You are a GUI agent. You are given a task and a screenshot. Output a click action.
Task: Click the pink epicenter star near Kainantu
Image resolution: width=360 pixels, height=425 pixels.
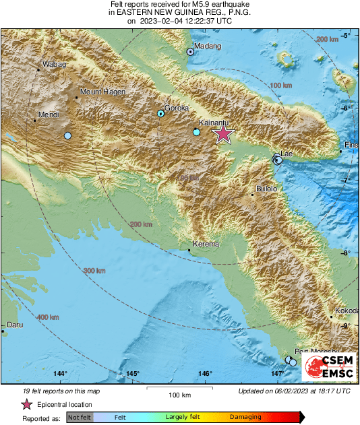tap(222, 135)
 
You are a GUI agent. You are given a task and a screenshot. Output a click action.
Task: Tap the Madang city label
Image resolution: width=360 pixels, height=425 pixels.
tap(208, 46)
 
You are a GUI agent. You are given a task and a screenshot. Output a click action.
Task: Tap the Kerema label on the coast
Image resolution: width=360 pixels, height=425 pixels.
tap(206, 244)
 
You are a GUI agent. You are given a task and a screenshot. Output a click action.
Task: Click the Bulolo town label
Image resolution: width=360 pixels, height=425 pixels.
tap(266, 189)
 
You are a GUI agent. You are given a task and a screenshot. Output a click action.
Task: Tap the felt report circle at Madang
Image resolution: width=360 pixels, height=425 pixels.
tap(190, 51)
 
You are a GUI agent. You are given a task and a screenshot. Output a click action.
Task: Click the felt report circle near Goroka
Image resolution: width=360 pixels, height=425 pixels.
tap(160, 114)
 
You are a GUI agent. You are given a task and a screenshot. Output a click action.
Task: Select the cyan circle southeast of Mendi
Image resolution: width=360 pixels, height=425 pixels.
tap(67, 136)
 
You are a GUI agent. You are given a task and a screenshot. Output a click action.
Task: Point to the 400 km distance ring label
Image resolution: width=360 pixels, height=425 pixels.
tap(47, 317)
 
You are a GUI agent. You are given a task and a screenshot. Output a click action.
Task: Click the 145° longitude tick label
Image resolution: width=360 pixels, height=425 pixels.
tap(133, 373)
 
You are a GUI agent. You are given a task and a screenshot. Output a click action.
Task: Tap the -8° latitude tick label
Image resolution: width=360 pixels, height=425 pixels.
tap(348, 253)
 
